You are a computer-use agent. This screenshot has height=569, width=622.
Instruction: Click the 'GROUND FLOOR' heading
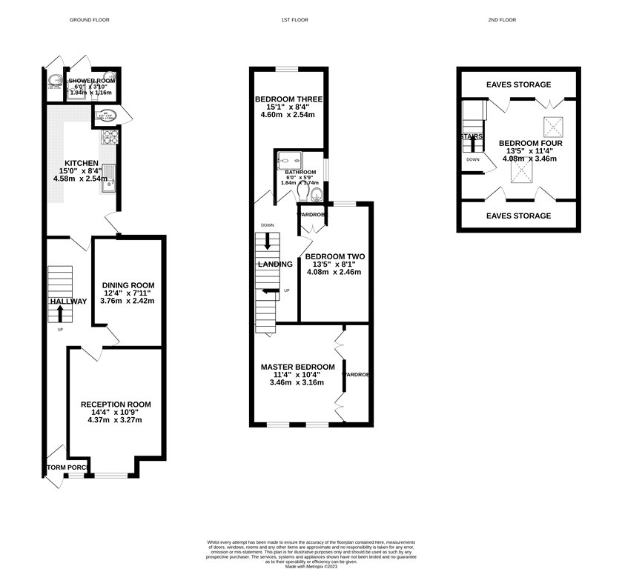point(89,20)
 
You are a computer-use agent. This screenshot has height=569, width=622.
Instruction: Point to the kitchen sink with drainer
point(109,178)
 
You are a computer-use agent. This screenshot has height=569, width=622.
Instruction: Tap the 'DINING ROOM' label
point(128,285)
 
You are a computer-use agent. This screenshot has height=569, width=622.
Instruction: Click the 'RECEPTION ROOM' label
point(116,405)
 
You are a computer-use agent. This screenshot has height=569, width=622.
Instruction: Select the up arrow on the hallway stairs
point(59,313)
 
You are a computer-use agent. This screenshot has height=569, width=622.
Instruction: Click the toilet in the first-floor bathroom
point(316,196)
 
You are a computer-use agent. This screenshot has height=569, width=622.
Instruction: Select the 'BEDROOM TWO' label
point(335,256)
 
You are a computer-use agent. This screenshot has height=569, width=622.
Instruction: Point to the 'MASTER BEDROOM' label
point(297,367)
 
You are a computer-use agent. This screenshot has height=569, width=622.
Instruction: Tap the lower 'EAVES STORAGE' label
point(518,216)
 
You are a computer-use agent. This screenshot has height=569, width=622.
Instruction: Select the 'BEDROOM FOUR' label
point(530,143)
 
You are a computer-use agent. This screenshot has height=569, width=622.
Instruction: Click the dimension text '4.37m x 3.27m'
point(115,420)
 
